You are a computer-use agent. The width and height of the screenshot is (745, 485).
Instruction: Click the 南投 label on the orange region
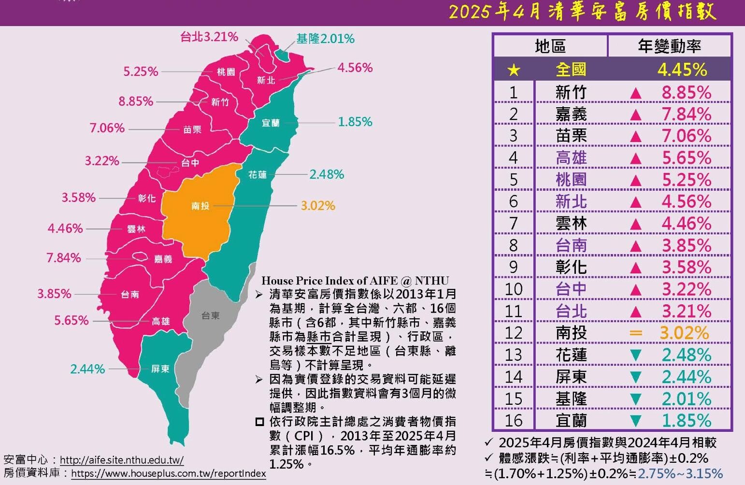pos(200,206)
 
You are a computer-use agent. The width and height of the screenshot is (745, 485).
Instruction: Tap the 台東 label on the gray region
pos(211,316)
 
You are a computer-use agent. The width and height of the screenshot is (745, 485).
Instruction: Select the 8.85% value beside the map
pos(136,101)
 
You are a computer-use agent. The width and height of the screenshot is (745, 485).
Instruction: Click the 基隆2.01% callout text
pos(325,39)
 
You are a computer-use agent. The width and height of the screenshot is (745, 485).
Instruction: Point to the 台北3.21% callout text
pos(209,37)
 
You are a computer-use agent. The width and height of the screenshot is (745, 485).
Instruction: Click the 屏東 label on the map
pos(160,369)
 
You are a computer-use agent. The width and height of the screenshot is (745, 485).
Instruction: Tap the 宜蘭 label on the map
pos(271,123)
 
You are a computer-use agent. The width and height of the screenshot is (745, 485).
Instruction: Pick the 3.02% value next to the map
pos(318,206)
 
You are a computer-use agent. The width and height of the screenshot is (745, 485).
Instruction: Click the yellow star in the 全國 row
pos(514,71)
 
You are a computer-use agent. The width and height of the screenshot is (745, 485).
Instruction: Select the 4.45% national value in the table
pos(682,70)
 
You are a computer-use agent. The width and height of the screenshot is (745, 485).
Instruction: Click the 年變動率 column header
pos(669,46)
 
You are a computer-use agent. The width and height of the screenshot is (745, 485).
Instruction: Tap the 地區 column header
pos(550,46)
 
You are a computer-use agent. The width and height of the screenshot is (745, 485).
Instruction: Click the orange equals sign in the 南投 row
pos(636,333)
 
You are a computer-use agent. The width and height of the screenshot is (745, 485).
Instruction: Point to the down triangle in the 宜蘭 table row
pos(636,421)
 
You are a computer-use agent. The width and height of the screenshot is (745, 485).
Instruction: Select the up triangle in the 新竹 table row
pos(636,93)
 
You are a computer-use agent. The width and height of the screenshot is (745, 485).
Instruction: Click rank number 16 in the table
pos(514,421)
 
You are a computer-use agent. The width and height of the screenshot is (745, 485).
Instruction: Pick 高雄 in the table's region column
pos(571,158)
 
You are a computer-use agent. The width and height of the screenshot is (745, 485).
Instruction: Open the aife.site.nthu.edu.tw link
pos(122,460)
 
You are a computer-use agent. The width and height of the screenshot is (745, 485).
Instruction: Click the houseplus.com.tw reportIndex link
pos(169,473)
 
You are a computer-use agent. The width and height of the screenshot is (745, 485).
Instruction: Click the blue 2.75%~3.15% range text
pos(680,473)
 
